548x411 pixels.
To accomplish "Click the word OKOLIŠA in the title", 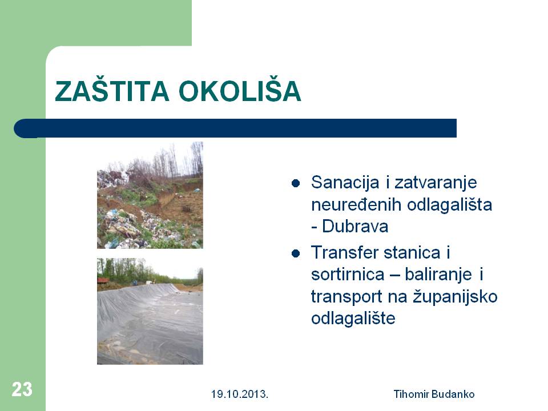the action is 240,91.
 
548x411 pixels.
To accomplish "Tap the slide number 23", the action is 22,389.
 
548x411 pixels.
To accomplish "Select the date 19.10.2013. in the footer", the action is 240,394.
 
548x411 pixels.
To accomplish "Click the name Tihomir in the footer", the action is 412,394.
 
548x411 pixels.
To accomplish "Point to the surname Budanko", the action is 453,394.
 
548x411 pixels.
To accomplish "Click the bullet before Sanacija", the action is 296,183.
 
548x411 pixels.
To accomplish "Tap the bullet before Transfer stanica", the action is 296,253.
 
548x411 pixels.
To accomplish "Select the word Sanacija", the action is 345,183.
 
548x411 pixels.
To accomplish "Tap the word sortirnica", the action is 348,275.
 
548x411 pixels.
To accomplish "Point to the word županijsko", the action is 456,297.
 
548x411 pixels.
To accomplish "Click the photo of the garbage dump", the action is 150,195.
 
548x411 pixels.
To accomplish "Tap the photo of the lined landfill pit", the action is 150,312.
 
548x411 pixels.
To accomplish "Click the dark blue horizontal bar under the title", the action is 235,128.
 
